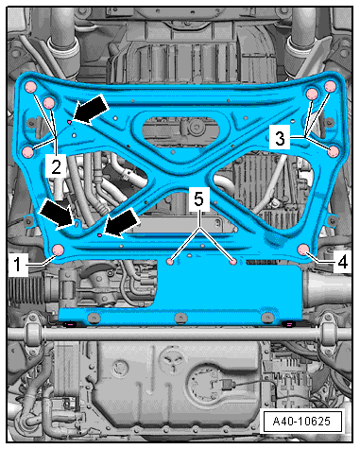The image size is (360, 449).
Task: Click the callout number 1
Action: [18, 265]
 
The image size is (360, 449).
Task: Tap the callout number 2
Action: [56, 166]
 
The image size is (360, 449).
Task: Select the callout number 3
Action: [280, 139]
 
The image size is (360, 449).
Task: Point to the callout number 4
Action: [342, 261]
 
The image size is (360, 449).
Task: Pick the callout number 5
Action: [198, 199]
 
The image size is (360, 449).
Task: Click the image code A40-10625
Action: [301, 421]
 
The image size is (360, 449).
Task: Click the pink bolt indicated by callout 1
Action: [58, 250]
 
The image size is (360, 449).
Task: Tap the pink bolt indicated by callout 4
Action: [304, 250]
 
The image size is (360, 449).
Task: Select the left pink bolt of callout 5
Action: [170, 261]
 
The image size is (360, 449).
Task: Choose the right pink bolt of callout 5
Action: [233, 261]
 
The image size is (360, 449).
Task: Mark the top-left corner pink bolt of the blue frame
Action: [31, 87]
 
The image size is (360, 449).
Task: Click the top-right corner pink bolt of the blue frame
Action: [331, 86]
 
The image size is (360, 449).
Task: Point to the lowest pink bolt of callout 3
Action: [334, 151]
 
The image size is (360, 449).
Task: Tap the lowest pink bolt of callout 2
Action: [28, 152]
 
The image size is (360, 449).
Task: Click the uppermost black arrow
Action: [91, 111]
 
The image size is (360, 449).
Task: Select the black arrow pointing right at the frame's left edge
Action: [57, 214]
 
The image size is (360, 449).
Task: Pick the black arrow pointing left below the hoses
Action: [122, 223]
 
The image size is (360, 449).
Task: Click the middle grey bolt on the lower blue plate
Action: [180, 318]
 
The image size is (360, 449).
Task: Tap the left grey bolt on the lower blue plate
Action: [94, 318]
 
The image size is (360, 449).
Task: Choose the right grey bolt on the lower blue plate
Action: [267, 317]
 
